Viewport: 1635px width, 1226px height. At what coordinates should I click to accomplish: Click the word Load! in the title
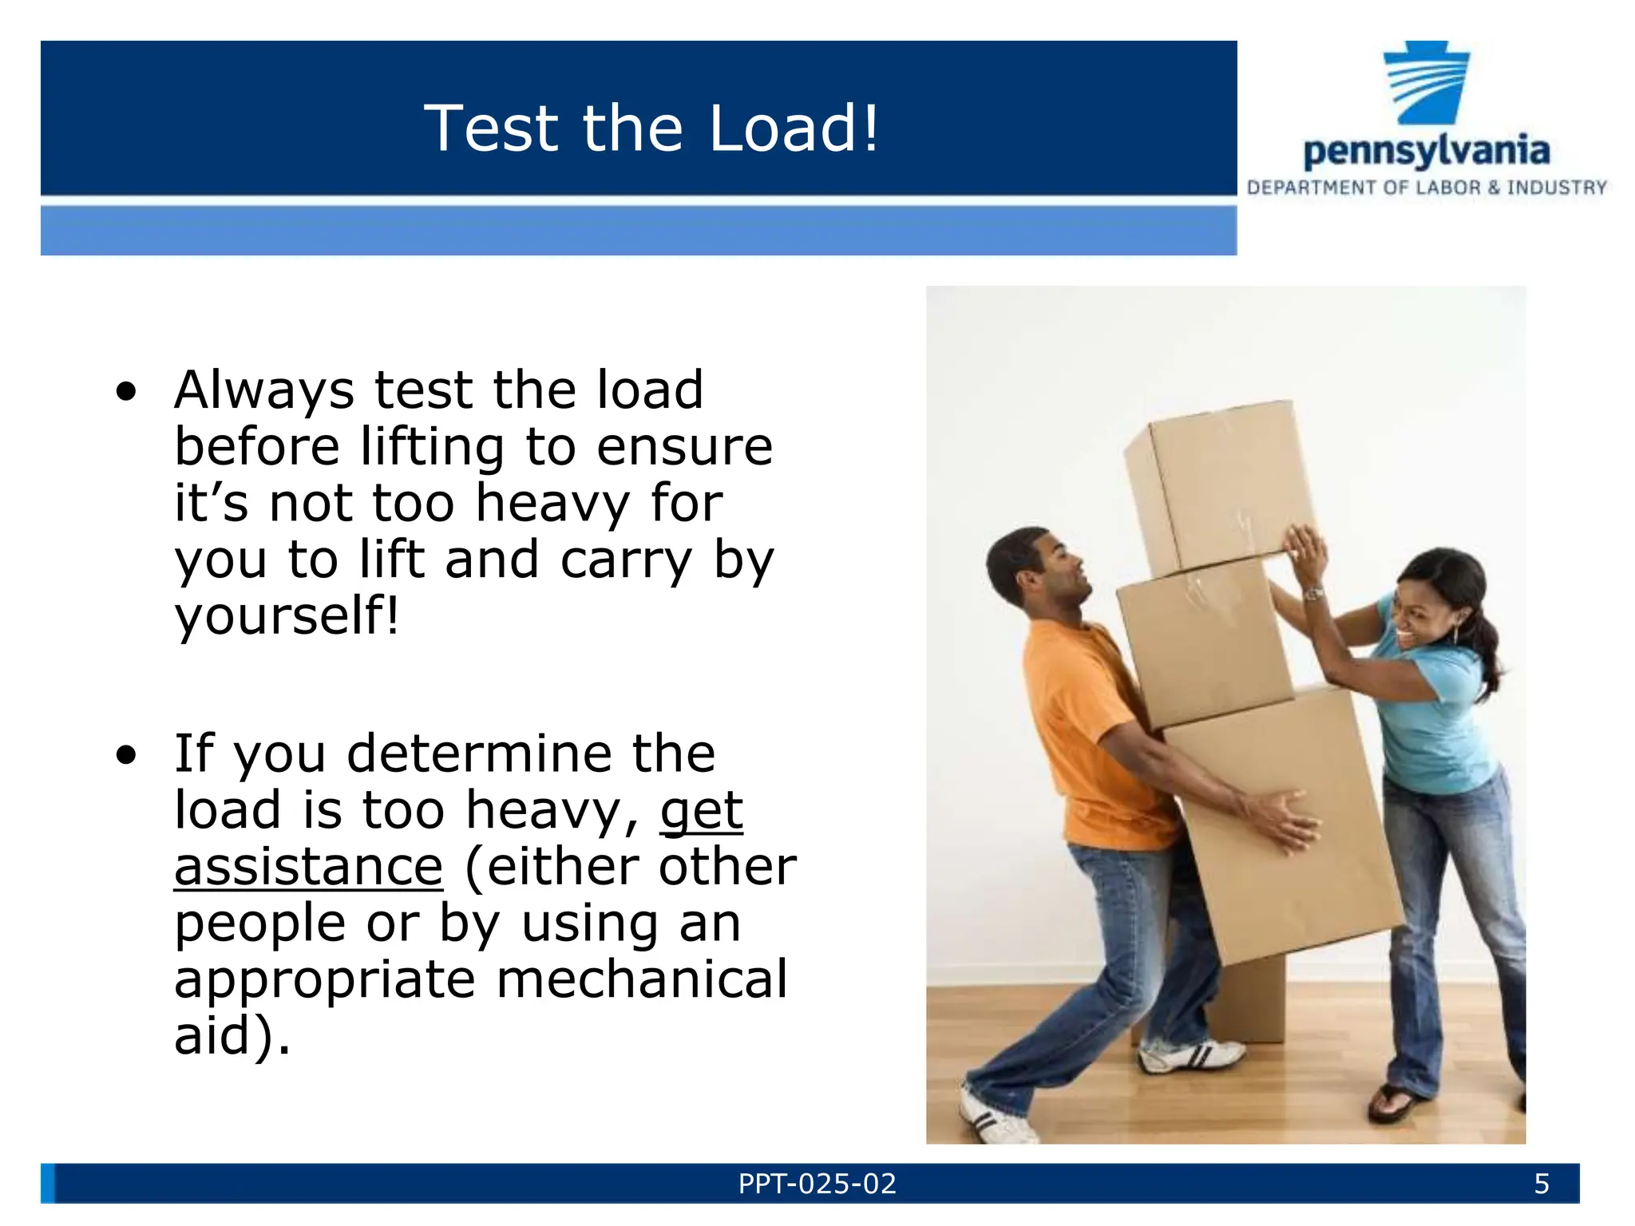point(794,128)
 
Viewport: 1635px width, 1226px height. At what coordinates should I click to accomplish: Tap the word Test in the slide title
point(491,128)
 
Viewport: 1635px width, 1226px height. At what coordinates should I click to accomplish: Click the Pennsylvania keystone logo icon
point(1427,83)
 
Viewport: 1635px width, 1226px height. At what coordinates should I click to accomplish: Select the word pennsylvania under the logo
point(1427,152)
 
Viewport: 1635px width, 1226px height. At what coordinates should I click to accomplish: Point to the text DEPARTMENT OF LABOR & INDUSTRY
point(1427,188)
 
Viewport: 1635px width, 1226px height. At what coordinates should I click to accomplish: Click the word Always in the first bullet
point(263,391)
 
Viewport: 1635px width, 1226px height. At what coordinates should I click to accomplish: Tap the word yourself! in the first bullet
point(286,616)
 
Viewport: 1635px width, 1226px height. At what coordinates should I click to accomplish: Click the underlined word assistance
point(308,867)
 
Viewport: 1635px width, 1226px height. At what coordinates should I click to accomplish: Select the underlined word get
point(701,812)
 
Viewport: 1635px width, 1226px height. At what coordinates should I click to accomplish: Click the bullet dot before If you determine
point(126,754)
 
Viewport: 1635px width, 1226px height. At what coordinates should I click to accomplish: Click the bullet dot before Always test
point(126,392)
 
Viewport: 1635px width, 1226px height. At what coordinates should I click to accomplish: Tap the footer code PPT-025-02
point(817,1184)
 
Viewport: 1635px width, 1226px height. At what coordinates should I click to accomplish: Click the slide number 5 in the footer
point(1542,1184)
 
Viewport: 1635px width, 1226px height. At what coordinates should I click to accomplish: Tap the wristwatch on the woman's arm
point(1313,593)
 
